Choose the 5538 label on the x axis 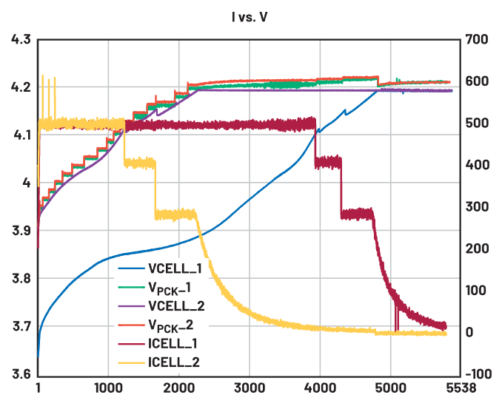point(457,389)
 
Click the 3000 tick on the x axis point(250,389)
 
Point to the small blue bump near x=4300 point(344,112)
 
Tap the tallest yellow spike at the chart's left point(42,80)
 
